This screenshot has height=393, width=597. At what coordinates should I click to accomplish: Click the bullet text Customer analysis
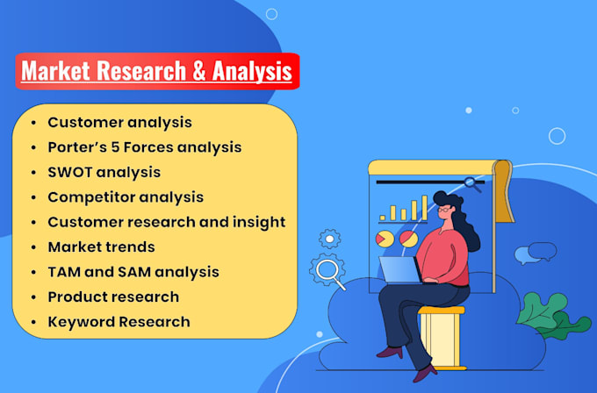[x=119, y=123]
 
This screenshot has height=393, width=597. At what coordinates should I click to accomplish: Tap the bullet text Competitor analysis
[x=126, y=196]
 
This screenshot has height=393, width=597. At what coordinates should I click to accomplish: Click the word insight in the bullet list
[x=259, y=222]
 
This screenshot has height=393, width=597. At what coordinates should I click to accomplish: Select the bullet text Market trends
[x=101, y=247]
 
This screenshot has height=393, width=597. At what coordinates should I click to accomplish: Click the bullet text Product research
[x=113, y=297]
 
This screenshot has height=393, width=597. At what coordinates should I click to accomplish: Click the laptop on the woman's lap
[x=399, y=270]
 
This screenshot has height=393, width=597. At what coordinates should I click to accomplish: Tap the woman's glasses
[x=446, y=211]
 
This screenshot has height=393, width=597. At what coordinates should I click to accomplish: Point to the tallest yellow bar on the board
[x=424, y=208]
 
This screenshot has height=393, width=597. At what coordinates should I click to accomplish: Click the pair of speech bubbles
[x=535, y=254]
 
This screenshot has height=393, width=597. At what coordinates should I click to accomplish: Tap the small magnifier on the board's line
[x=472, y=184]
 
